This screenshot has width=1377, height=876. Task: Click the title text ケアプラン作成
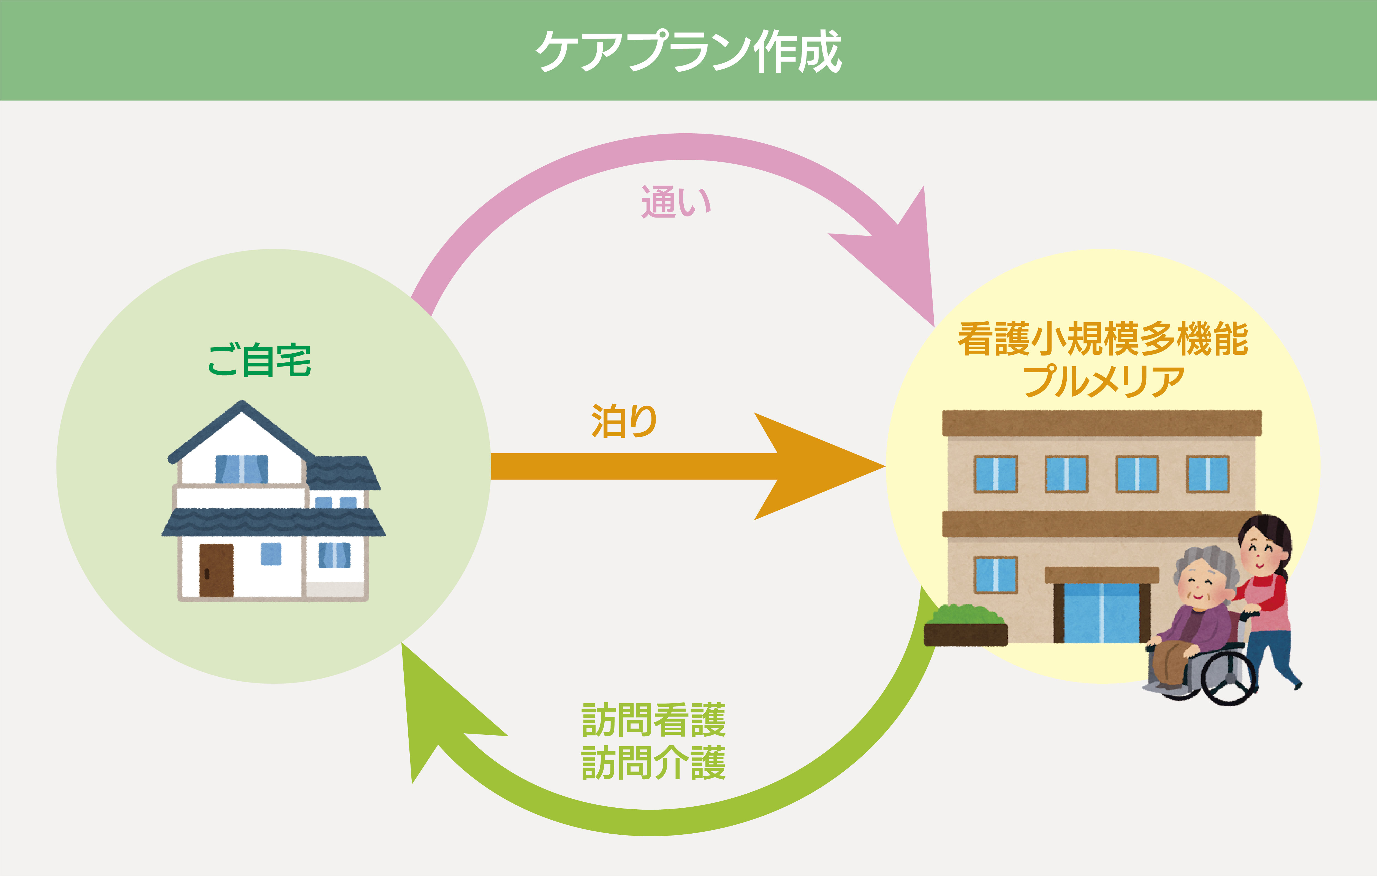coord(688,51)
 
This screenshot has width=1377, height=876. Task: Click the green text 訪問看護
coord(654,720)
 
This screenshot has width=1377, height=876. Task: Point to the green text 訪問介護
coord(654,763)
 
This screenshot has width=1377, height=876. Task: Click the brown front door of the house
coord(216,570)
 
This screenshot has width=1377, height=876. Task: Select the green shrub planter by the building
coord(965,625)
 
